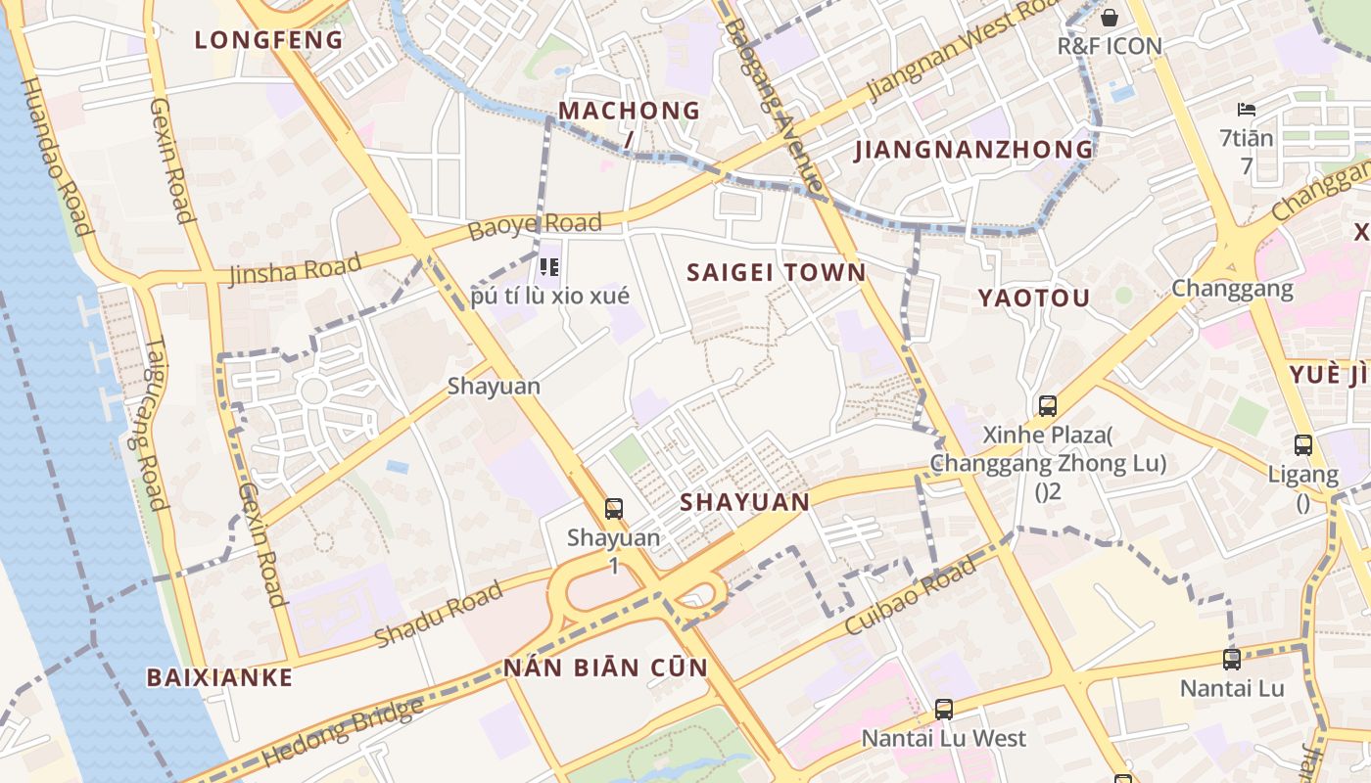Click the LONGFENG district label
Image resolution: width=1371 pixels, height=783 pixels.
tap(268, 40)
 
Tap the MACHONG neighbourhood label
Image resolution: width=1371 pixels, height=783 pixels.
tap(630, 111)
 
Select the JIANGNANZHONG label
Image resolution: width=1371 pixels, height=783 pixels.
tap(973, 150)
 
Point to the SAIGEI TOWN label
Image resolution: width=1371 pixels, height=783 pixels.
tap(777, 272)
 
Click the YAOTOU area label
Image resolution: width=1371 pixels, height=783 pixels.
tap(1033, 299)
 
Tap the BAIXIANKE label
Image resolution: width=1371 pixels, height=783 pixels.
tap(219, 677)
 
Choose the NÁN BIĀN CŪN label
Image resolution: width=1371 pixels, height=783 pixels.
tap(605, 668)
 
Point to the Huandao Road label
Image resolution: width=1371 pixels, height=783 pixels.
tap(56, 157)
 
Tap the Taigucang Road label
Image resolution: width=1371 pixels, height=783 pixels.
tap(142, 422)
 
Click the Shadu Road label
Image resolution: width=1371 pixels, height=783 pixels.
tap(439, 614)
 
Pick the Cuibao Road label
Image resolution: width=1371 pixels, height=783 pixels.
tap(910, 595)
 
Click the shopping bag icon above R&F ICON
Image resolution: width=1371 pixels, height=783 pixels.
tap(1110, 18)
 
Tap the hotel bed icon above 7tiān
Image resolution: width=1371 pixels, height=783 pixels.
tap(1247, 109)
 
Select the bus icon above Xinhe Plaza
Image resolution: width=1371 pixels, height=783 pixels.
tap(1048, 405)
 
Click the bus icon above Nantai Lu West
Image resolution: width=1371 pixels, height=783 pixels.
tap(944, 709)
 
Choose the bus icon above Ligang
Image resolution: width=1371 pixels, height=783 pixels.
tap(1303, 445)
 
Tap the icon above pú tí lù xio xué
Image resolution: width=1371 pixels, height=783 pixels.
tap(549, 266)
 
